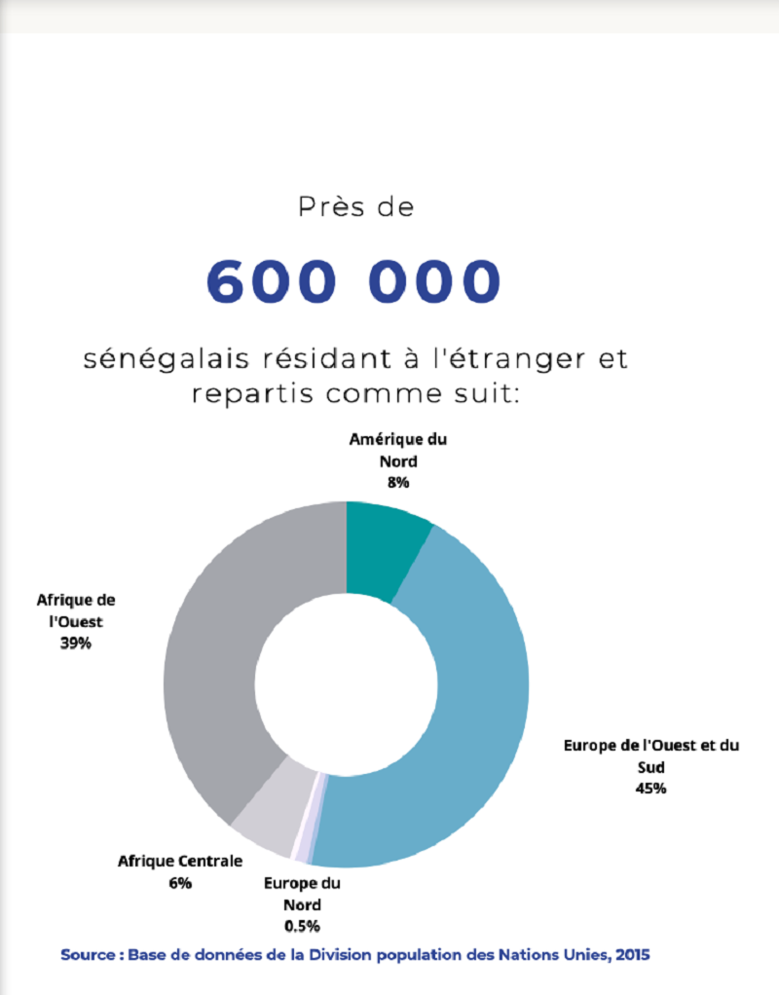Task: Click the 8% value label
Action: tap(397, 482)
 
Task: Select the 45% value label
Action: tap(650, 789)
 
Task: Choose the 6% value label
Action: tap(179, 882)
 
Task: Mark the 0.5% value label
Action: tap(302, 925)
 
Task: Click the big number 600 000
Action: tap(353, 280)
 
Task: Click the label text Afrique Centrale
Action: tap(179, 862)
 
